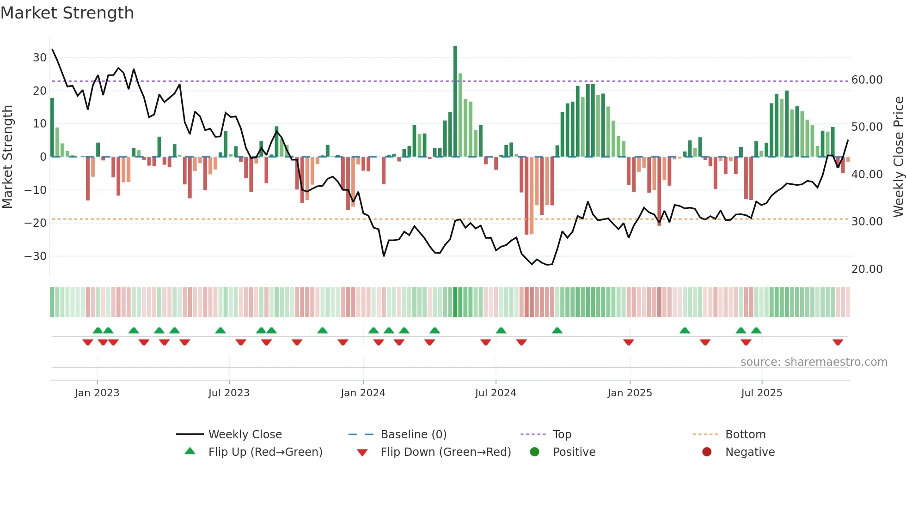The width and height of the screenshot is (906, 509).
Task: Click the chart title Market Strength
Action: (x=67, y=13)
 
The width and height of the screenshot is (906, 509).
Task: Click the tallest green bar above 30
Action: (x=455, y=102)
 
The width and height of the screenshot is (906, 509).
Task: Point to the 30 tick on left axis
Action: (x=40, y=58)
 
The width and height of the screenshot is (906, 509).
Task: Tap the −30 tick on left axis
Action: (x=36, y=256)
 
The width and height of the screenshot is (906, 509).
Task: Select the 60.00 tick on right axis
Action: (x=867, y=80)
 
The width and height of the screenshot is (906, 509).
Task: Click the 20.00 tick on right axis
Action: (x=867, y=269)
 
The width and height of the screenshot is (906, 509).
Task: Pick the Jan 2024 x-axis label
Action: (x=363, y=393)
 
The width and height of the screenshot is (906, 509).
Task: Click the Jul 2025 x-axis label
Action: (x=761, y=393)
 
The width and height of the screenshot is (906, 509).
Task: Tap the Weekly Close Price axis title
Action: (x=898, y=157)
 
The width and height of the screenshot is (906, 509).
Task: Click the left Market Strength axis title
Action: (x=7, y=157)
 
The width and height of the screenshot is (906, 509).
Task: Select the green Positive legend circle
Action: (x=535, y=452)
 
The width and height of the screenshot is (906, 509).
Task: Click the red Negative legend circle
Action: (x=707, y=452)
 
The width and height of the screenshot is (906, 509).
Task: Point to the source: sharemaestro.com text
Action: (x=814, y=362)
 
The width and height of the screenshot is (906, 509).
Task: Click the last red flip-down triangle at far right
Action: (x=838, y=342)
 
